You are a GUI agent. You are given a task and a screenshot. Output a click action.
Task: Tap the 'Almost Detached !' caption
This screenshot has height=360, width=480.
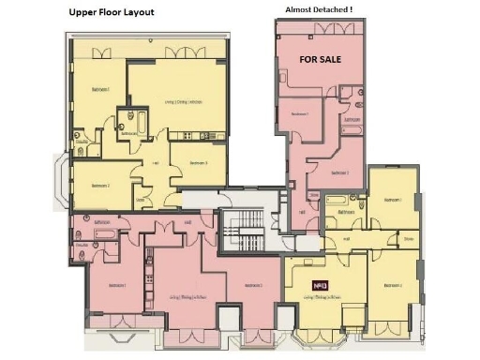pyautogui.click(x=318, y=9)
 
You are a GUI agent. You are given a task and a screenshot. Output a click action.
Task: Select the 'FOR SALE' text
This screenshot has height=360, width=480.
pyautogui.click(x=320, y=58)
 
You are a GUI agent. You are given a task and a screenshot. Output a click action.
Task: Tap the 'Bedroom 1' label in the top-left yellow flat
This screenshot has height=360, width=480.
pyautogui.click(x=101, y=89)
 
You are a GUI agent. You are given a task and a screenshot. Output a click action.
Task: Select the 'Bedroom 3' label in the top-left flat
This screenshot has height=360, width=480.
pyautogui.click(x=198, y=163)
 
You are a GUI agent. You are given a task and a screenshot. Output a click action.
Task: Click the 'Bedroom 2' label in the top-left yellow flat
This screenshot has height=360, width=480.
pyautogui.click(x=100, y=186)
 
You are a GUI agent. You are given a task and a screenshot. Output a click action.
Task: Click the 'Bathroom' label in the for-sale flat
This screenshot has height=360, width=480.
pyautogui.click(x=352, y=120)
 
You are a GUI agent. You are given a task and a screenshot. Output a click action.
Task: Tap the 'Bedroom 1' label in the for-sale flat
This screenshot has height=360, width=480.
pyautogui.click(x=299, y=113)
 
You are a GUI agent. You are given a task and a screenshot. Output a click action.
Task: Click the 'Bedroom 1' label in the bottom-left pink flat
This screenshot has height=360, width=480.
pyautogui.click(x=116, y=284)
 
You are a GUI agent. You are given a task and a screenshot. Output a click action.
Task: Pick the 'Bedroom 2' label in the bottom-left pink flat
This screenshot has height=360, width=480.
pyautogui.click(x=251, y=285)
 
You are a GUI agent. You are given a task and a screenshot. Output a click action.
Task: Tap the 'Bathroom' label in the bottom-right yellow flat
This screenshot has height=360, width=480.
pyautogui.click(x=346, y=212)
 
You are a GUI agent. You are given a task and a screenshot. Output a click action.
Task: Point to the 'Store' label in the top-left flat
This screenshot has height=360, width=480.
pyautogui.click(x=141, y=199)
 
